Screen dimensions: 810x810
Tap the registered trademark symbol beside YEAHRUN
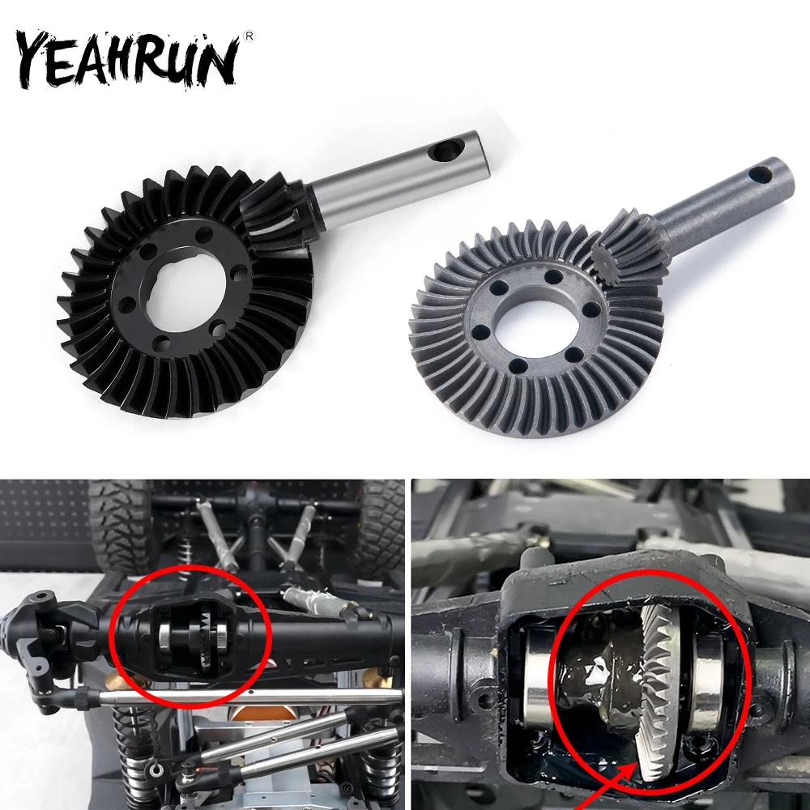(x=249, y=36)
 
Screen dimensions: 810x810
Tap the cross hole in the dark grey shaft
(x=760, y=174)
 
